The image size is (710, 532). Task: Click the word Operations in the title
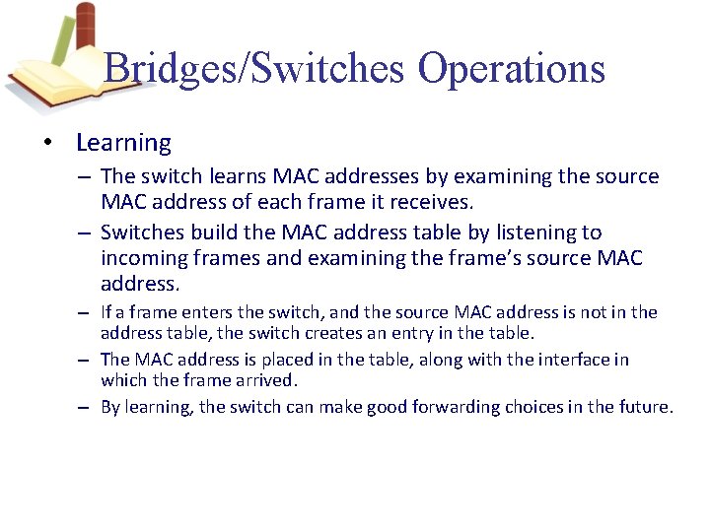(x=511, y=68)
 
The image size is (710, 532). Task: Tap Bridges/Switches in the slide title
(x=254, y=68)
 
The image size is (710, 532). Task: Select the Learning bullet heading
(x=123, y=143)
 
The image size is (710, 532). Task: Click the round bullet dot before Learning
(x=47, y=144)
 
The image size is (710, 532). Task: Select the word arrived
(x=264, y=380)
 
